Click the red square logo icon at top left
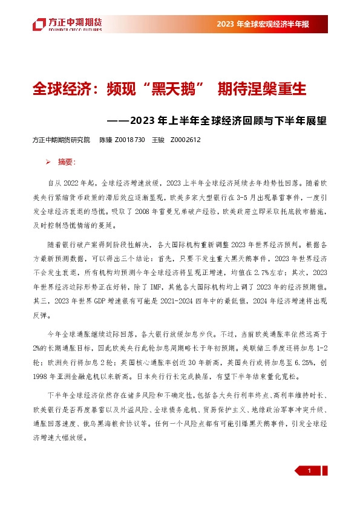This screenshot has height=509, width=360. [39, 24]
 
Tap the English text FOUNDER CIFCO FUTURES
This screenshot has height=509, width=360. [76, 28]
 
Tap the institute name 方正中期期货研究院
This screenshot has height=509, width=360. [61, 140]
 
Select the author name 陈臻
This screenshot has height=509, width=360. [105, 140]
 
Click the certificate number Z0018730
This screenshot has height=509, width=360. [129, 140]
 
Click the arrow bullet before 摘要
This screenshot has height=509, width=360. [48, 162]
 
